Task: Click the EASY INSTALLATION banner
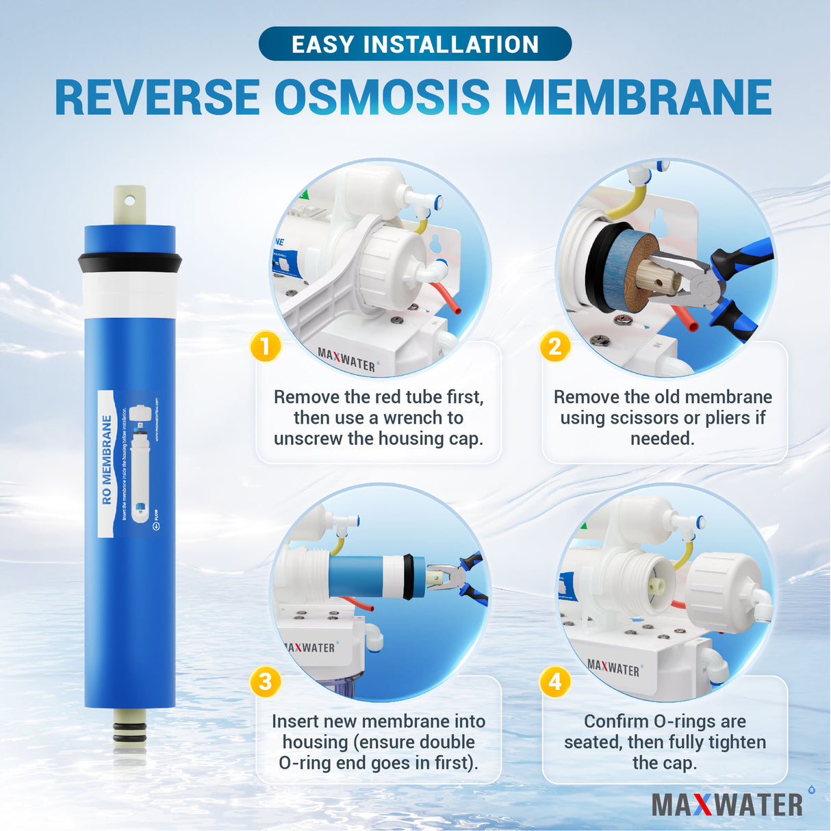click(415, 44)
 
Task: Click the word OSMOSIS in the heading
click(382, 98)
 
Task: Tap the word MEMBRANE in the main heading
click(637, 98)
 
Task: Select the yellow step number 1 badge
click(266, 346)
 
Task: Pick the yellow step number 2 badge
click(555, 346)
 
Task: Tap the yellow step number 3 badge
click(266, 682)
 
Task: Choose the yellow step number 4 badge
click(555, 682)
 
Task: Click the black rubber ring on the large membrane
click(129, 263)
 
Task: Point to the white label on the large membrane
click(128, 464)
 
